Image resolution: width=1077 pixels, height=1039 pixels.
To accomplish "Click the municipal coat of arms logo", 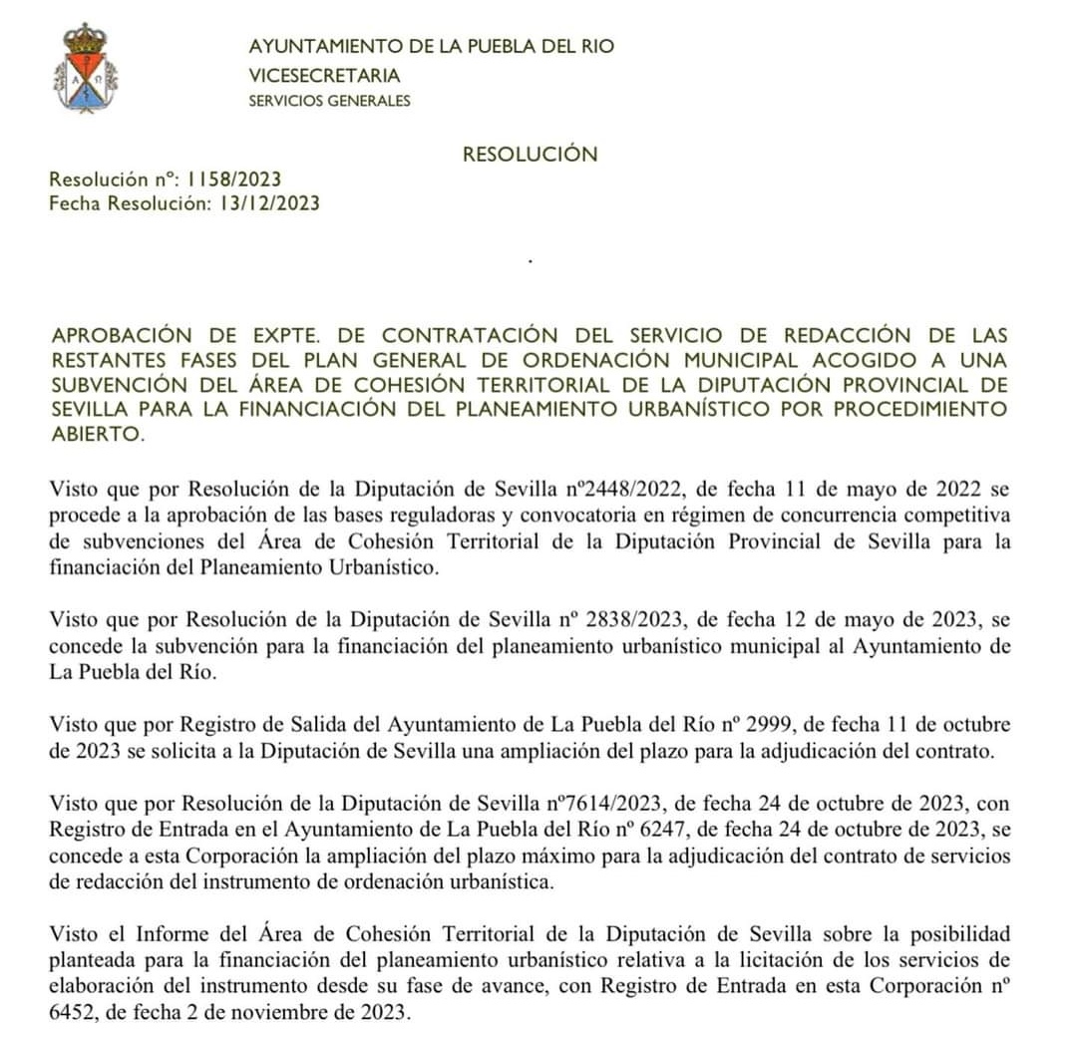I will [x=85, y=68].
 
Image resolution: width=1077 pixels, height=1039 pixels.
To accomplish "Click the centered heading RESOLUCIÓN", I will [x=530, y=155].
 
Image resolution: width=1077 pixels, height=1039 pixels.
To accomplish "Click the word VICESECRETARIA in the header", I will [x=324, y=75].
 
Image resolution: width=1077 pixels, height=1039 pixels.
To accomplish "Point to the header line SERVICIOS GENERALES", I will [x=329, y=101].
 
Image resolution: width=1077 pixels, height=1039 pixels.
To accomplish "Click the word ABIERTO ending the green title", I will [x=96, y=435].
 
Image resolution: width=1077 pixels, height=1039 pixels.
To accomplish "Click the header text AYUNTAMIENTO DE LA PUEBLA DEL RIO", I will [x=431, y=47].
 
